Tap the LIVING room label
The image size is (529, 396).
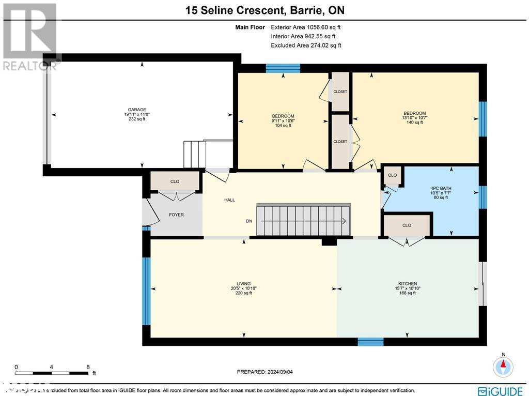pyautogui.click(x=243, y=284)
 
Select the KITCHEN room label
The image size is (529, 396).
pyautogui.click(x=407, y=284)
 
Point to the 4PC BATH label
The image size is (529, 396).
pyautogui.click(x=441, y=188)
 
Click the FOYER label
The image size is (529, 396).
pyautogui.click(x=176, y=215)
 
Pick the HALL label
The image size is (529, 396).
pyautogui.click(x=229, y=200)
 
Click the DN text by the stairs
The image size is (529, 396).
pyautogui.click(x=249, y=221)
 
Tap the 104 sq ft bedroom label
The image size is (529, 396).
pyautogui.click(x=283, y=116)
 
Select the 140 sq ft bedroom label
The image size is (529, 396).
pyautogui.click(x=415, y=113)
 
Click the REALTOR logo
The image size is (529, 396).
pyautogui.click(x=29, y=36)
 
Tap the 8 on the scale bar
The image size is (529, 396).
pyautogui.click(x=88, y=367)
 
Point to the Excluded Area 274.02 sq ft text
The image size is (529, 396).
pyautogui.click(x=306, y=45)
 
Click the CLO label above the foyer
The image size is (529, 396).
pyautogui.click(x=175, y=182)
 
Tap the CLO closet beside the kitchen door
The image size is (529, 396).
pyautogui.click(x=407, y=225)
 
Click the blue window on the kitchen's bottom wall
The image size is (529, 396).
pyautogui.click(x=370, y=342)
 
